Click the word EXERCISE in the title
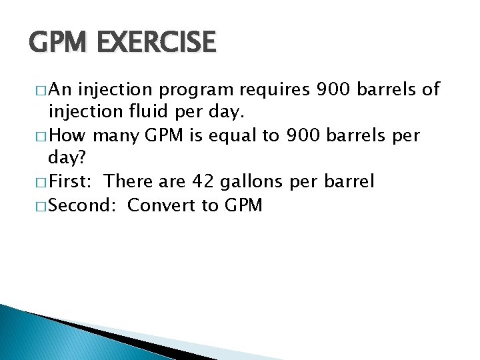[x=157, y=43]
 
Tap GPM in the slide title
[x=60, y=43]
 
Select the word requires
[x=281, y=89]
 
